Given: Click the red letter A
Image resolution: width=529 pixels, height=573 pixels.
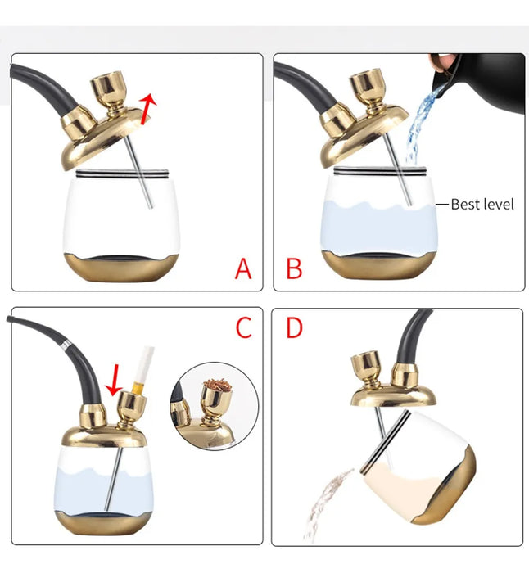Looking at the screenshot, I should [242, 268].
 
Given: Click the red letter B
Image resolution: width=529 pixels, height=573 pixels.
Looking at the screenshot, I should [294, 268].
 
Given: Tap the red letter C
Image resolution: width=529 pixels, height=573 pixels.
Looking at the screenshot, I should [243, 327].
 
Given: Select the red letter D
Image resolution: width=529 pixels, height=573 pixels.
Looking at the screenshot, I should [294, 327].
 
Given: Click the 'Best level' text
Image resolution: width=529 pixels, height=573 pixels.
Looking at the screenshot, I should [482, 204].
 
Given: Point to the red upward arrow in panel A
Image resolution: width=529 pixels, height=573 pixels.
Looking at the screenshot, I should [147, 107].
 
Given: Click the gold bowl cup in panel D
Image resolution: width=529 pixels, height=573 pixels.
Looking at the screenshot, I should [365, 368].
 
